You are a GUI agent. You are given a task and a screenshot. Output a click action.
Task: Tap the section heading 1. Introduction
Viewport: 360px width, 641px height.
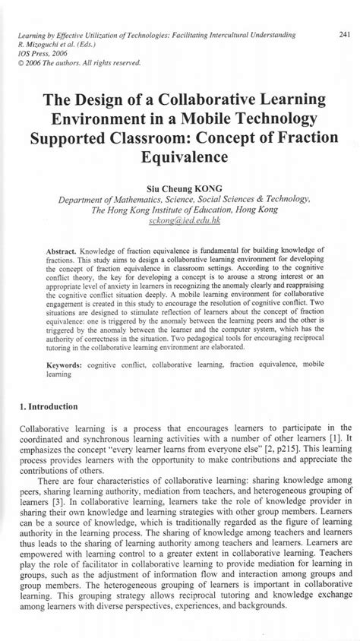click(x=52, y=407)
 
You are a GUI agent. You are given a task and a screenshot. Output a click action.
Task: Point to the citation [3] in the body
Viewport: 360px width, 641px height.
click(x=61, y=504)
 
